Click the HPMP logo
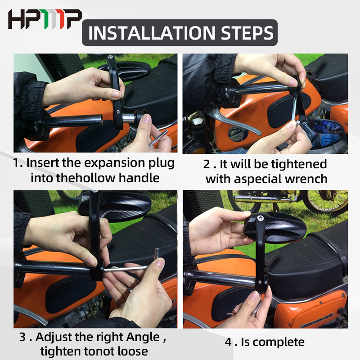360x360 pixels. (x=45, y=19)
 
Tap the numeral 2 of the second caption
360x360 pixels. (x=207, y=164)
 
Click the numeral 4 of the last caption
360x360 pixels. (x=229, y=342)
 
